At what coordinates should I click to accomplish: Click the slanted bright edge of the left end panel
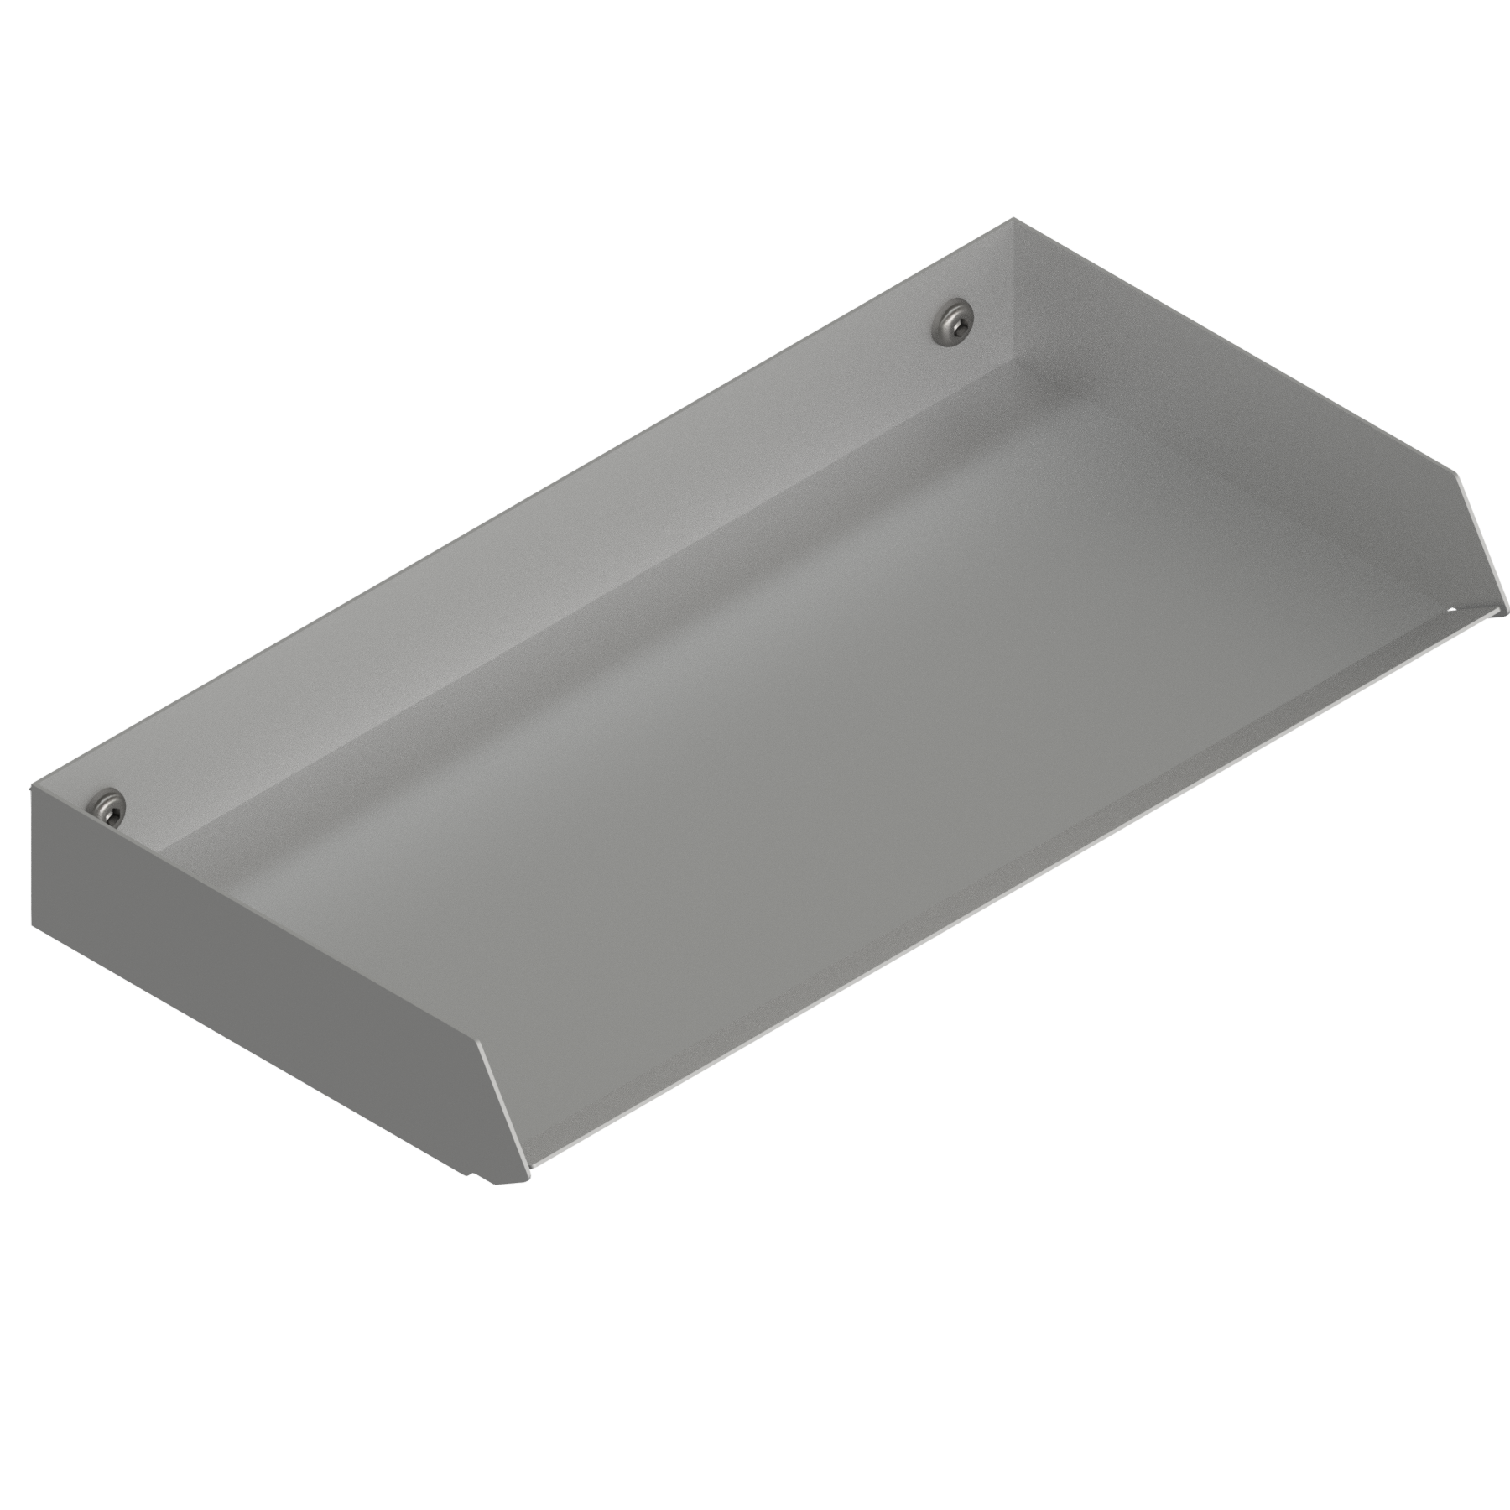504,1102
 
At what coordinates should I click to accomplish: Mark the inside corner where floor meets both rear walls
1018,362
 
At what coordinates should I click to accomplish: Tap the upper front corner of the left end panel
481,1043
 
